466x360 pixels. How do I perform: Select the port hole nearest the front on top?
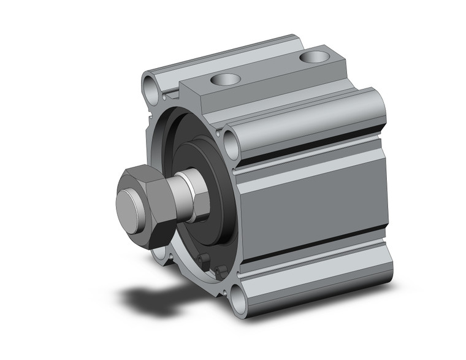(224, 79)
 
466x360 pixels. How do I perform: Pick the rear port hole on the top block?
(314, 58)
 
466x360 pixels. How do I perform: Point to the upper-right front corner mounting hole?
(232, 145)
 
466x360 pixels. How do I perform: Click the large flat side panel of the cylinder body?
(313, 205)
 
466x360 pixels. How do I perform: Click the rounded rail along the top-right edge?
(307, 120)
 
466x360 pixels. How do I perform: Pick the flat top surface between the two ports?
(270, 71)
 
